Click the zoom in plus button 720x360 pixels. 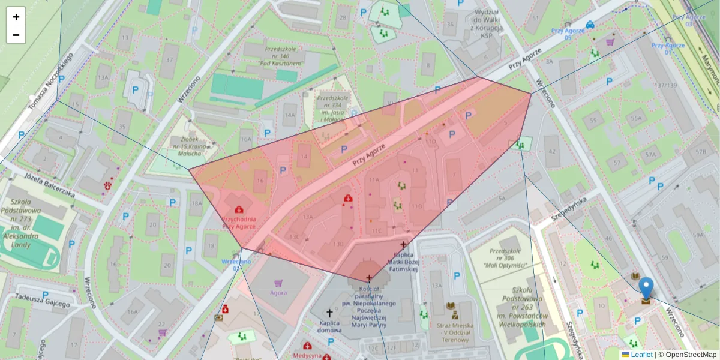point(16,17)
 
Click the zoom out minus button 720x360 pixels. point(16,35)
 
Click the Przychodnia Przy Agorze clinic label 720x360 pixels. point(239,223)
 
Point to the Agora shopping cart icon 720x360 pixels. point(278,283)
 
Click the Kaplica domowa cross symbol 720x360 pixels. point(329,313)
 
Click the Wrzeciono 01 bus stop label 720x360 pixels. point(236,265)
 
